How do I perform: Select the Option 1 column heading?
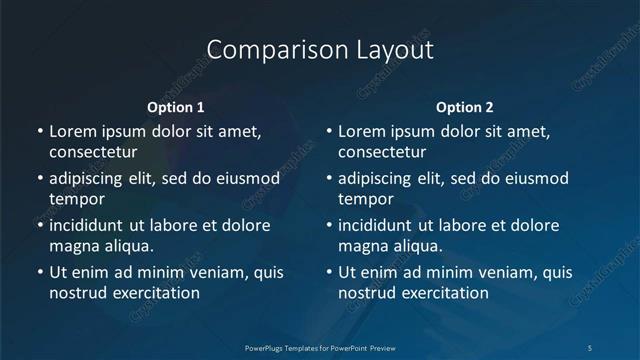pos(176,107)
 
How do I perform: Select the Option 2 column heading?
pos(465,107)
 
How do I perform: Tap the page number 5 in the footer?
pos(591,346)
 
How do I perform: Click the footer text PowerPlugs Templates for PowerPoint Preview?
pos(320,346)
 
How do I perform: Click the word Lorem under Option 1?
pos(72,131)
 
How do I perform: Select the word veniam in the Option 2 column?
pos(492,272)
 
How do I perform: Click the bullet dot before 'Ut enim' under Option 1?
pos(40,273)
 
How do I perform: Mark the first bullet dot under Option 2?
pos(329,132)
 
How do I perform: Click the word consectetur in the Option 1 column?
pos(93,152)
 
